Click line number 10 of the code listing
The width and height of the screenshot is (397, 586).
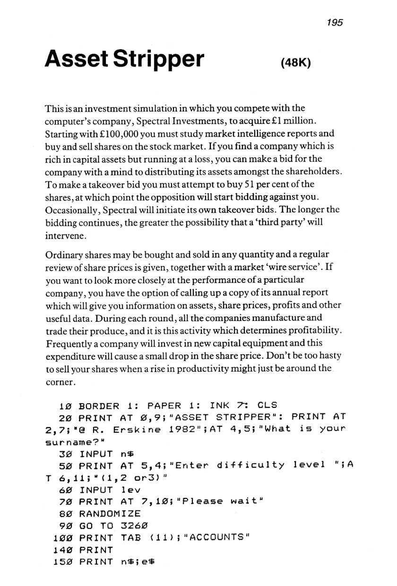65,405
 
